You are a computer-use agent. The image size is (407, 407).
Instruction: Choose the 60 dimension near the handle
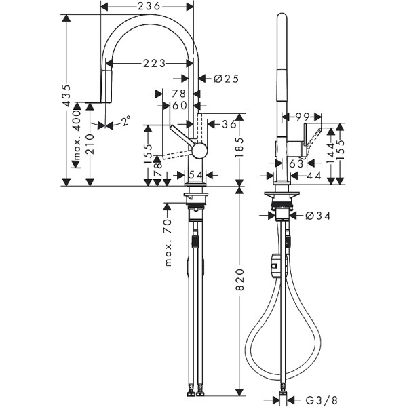[179, 105]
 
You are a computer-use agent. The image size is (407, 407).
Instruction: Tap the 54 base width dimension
[195, 176]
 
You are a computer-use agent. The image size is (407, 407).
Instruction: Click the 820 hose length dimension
[239, 289]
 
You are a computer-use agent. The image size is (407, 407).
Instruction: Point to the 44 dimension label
[313, 176]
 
